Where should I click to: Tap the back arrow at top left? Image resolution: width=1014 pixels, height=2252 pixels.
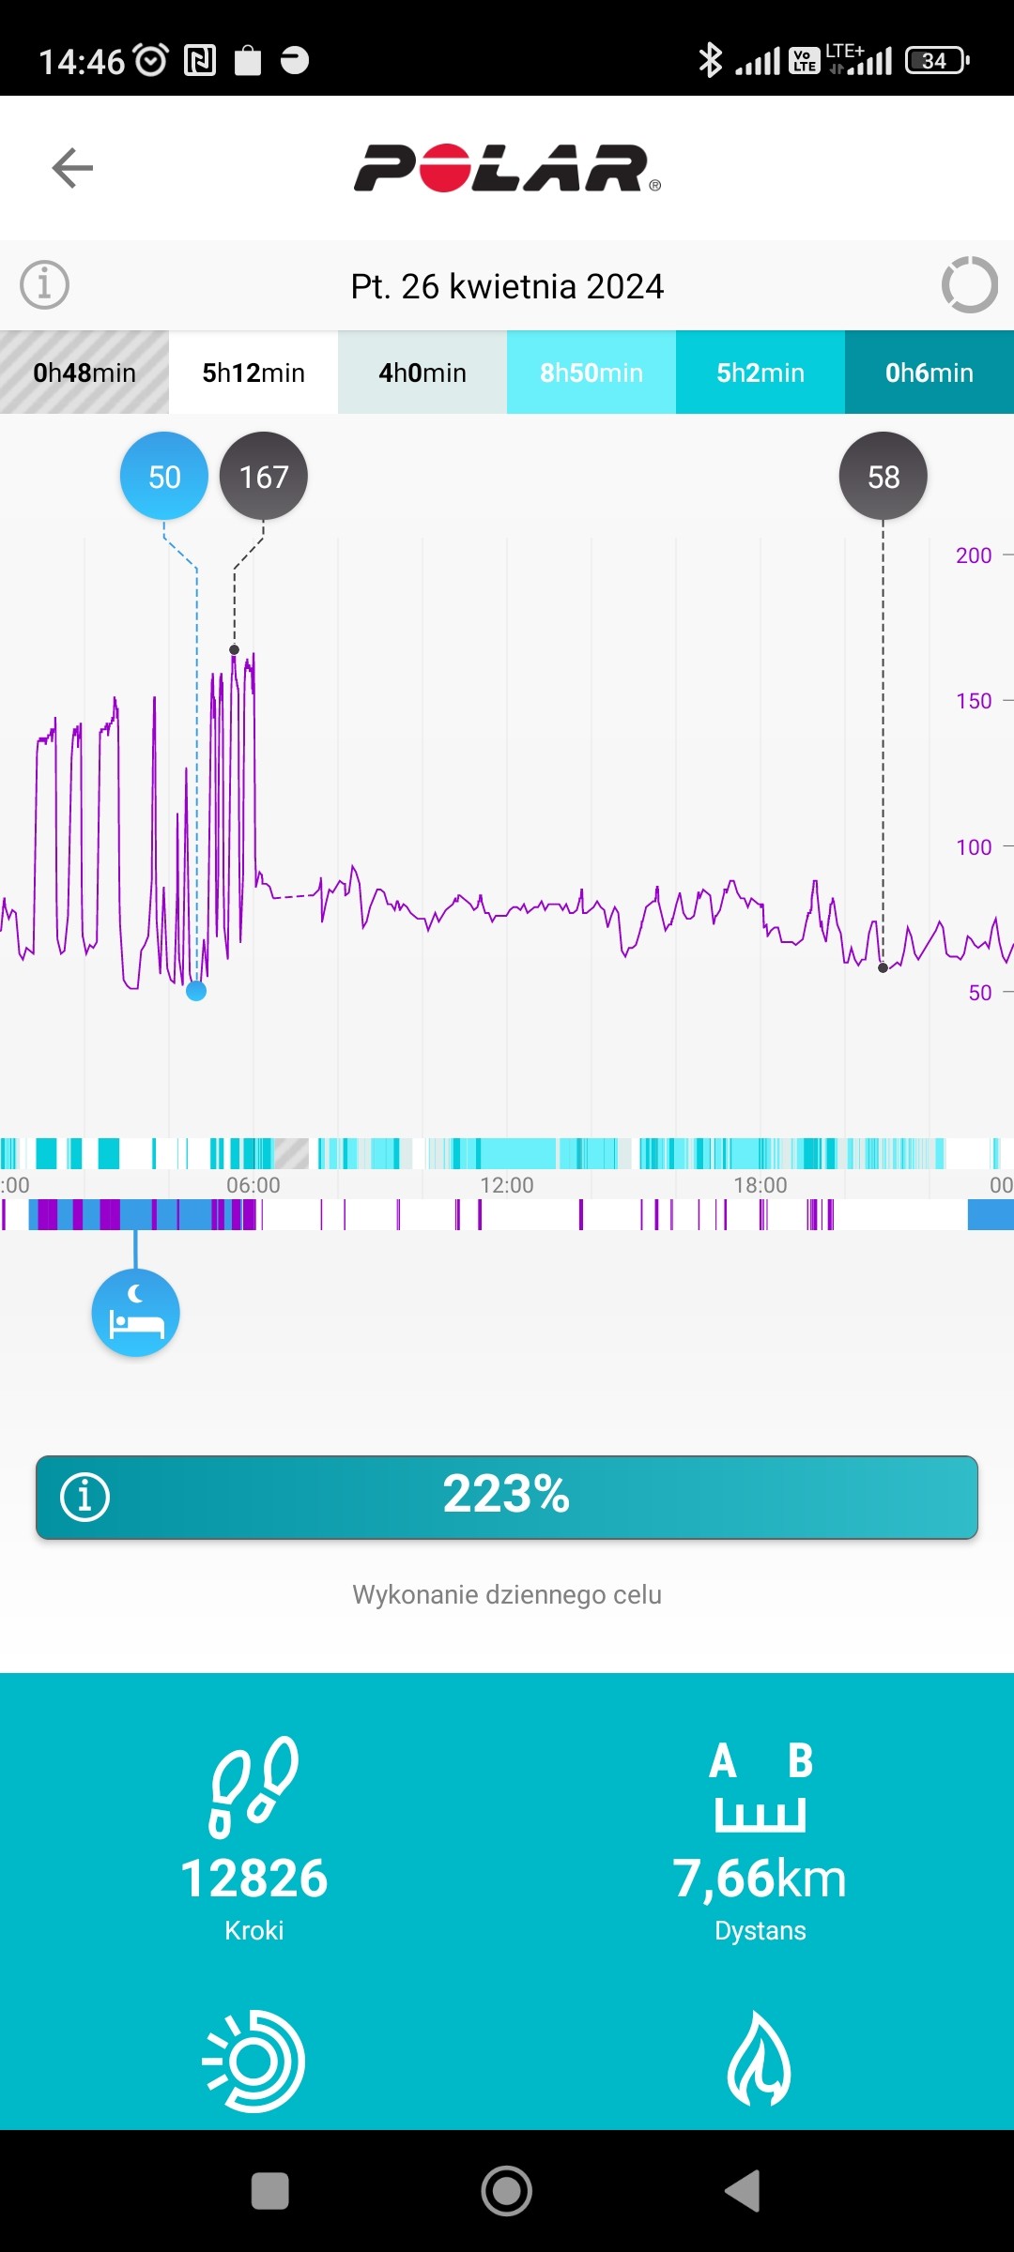pyautogui.click(x=72, y=168)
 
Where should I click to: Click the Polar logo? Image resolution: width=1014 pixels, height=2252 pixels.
pyautogui.click(x=507, y=169)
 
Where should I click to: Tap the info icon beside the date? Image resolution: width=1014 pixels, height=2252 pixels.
pyautogui.click(x=45, y=284)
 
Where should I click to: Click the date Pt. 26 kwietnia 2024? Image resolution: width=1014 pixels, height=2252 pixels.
pyautogui.click(x=507, y=286)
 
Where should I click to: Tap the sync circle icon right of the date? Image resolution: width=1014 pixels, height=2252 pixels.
pyautogui.click(x=969, y=284)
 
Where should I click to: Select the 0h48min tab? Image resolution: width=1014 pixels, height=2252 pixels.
pyautogui.click(x=84, y=373)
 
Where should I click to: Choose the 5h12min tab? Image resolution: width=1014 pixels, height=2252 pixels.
pyautogui.click(x=253, y=373)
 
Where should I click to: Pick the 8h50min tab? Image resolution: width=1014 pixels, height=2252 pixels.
pyautogui.click(x=591, y=373)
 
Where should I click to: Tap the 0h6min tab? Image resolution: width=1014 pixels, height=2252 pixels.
pyautogui.click(x=929, y=373)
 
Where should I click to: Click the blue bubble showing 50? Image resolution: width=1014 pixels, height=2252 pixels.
pyautogui.click(x=164, y=477)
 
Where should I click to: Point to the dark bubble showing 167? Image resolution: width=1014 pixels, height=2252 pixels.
pyautogui.click(x=264, y=477)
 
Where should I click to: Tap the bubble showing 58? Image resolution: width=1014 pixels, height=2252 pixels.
pyautogui.click(x=883, y=477)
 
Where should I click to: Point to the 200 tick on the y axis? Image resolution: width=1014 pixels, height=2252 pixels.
pyautogui.click(x=974, y=555)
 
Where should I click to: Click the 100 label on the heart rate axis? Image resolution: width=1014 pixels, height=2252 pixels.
pyautogui.click(x=974, y=847)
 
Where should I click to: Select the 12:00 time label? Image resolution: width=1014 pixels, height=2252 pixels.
pyautogui.click(x=507, y=1185)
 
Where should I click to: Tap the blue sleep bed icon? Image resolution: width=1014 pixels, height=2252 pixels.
pyautogui.click(x=136, y=1313)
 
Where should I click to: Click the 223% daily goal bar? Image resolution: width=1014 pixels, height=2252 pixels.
pyautogui.click(x=507, y=1497)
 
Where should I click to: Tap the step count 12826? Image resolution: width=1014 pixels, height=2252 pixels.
pyautogui.click(x=253, y=1879)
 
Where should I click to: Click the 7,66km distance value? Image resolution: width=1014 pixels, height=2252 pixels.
pyautogui.click(x=760, y=1879)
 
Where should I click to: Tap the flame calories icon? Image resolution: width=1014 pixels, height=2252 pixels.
pyautogui.click(x=760, y=2060)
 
